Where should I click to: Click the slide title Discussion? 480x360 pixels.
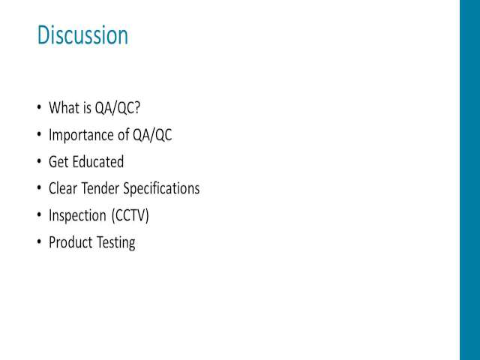tap(82, 35)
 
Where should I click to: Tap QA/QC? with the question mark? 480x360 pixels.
tap(117, 108)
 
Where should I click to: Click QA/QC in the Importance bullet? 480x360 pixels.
tap(152, 135)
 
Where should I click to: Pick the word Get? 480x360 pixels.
tap(59, 162)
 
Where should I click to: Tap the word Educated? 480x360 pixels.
tap(98, 162)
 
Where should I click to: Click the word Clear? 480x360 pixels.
tap(63, 188)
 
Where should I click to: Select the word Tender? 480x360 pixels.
tap(100, 188)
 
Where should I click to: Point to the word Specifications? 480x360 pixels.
tap(162, 189)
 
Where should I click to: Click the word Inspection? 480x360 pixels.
tap(77, 216)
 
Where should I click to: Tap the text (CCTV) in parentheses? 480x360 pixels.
tap(130, 215)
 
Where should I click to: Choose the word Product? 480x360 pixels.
tap(70, 242)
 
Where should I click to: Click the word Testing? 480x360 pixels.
tap(115, 243)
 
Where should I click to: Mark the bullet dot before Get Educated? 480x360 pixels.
tap(39, 161)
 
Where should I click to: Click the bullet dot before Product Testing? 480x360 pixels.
tap(39, 241)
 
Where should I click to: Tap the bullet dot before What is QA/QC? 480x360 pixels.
tap(39, 107)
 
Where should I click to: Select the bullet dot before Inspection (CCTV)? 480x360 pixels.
tap(39, 215)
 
